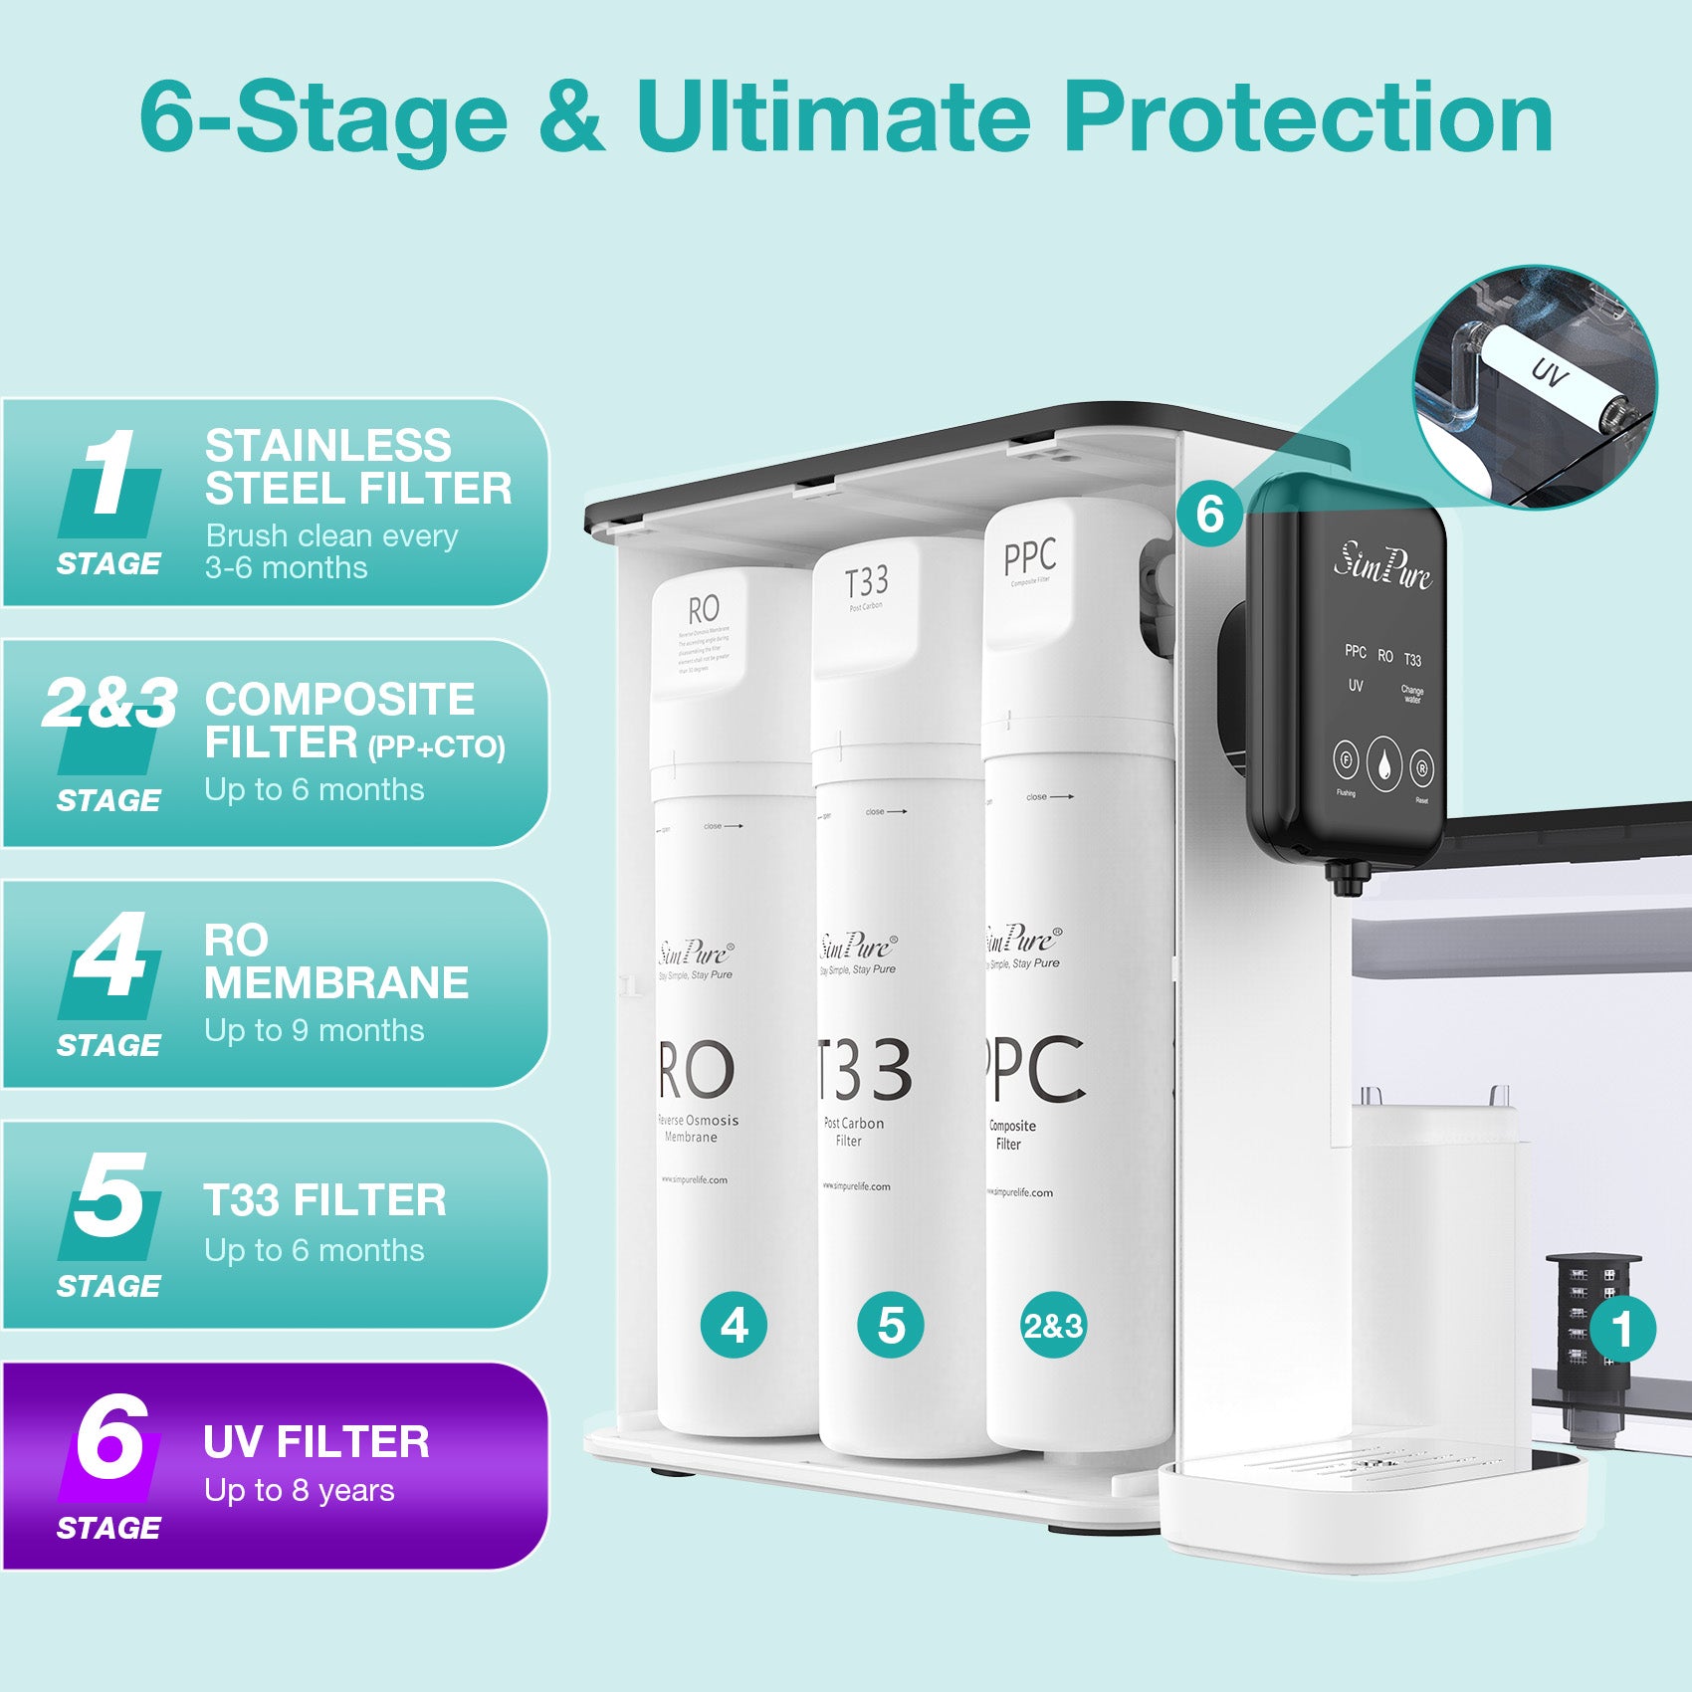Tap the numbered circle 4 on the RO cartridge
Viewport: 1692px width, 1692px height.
(x=734, y=1325)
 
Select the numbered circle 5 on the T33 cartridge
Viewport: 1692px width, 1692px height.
(x=891, y=1325)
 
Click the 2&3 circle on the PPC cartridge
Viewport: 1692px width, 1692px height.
(x=1053, y=1325)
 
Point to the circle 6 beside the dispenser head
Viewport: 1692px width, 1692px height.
(x=1209, y=514)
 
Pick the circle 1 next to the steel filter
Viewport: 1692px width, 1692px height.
(x=1622, y=1330)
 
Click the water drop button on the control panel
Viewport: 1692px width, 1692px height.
(x=1383, y=764)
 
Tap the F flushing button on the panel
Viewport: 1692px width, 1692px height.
(x=1346, y=761)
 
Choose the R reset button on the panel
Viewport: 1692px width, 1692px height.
(x=1422, y=767)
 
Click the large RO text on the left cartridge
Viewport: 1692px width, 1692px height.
(x=697, y=1070)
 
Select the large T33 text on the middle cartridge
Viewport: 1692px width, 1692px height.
(x=863, y=1070)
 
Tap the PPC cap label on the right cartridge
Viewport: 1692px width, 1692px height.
(x=1029, y=557)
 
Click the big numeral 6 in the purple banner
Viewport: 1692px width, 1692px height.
(x=111, y=1438)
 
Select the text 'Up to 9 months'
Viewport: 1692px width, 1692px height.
(x=315, y=1030)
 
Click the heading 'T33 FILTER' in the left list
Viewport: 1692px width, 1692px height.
(x=324, y=1200)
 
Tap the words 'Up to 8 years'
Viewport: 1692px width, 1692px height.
(x=300, y=1490)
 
